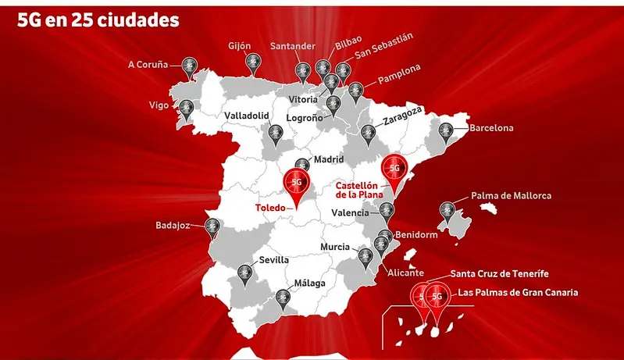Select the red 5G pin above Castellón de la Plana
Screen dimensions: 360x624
pyautogui.click(x=394, y=170)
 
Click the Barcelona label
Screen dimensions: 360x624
pyautogui.click(x=491, y=127)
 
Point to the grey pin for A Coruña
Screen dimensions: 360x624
pyautogui.click(x=188, y=66)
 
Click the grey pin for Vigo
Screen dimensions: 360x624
pyautogui.click(x=185, y=109)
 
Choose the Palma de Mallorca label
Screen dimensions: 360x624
pyautogui.click(x=511, y=195)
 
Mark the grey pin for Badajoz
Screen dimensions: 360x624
pyautogui.click(x=212, y=227)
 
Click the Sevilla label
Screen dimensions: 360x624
pyautogui.click(x=273, y=260)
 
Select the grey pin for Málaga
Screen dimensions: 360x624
pyautogui.click(x=283, y=297)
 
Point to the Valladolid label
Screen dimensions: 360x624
pyautogui.click(x=247, y=116)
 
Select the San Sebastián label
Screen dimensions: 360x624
pyautogui.click(x=383, y=46)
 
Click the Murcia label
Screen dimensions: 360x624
pyautogui.click(x=334, y=248)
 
